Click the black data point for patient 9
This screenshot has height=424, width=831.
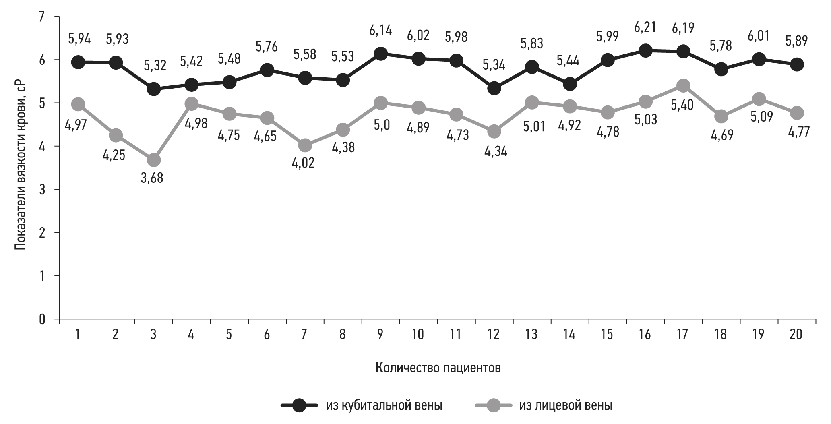[x=380, y=54]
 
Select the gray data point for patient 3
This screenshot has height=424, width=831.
[x=153, y=160]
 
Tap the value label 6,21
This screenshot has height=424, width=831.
[x=645, y=27]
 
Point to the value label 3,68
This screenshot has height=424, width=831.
[x=152, y=178]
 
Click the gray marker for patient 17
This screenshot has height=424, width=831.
[x=683, y=85]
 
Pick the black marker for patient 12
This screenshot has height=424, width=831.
[x=494, y=88]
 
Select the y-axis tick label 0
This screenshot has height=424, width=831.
[x=42, y=319]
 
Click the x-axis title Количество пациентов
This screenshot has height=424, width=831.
[x=438, y=368]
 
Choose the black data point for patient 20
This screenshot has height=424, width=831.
[x=796, y=64]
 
